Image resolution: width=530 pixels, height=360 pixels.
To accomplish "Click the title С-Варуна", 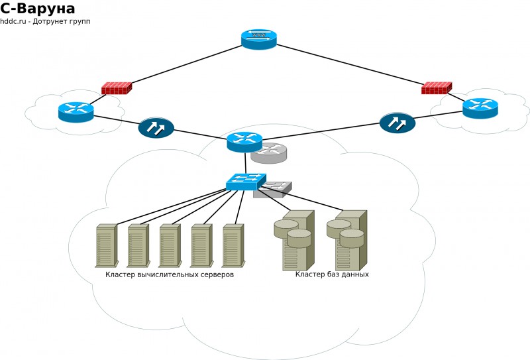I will (38, 9).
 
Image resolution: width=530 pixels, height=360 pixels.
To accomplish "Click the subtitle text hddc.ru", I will (13, 22).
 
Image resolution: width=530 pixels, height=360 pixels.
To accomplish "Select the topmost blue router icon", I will (259, 39).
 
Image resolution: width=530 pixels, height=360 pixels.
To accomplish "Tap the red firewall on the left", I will (116, 88).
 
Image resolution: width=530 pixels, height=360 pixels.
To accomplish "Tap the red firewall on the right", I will (436, 88).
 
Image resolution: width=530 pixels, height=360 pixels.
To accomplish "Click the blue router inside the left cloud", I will (76, 111).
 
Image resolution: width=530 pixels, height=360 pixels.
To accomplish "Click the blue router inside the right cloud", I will (480, 108).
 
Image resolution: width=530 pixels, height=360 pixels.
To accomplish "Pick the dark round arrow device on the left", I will (156, 127).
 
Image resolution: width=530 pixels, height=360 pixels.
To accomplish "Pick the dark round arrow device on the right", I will (397, 123).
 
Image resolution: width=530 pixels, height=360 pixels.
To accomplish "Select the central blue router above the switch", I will (244, 141).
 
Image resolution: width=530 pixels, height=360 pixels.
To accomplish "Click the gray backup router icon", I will (269, 153).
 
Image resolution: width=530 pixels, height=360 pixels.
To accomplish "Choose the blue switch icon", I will (245, 182).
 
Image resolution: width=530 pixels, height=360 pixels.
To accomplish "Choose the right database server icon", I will (347, 240).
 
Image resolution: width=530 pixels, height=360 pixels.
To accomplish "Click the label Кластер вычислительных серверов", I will (170, 274).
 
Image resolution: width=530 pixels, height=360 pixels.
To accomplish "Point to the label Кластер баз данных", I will (332, 274).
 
